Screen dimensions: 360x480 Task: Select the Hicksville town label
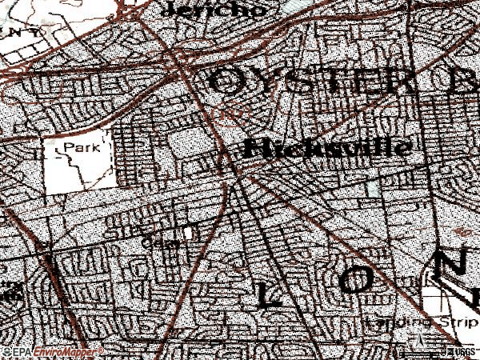(327, 148)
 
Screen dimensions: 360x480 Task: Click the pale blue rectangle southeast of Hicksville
(371, 188)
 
